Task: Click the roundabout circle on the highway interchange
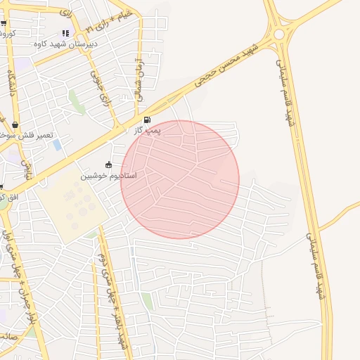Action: point(279,34)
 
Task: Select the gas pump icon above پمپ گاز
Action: point(147,120)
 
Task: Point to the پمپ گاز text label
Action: point(148,131)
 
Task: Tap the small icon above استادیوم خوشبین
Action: point(108,165)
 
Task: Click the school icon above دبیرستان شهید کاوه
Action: point(65,33)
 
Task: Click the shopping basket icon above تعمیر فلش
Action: point(15,125)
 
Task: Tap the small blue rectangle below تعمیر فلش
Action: point(57,145)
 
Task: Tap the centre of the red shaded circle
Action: point(180,179)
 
